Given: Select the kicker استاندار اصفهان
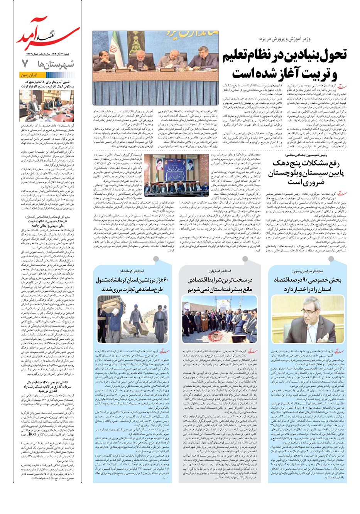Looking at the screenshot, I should (220, 271).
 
